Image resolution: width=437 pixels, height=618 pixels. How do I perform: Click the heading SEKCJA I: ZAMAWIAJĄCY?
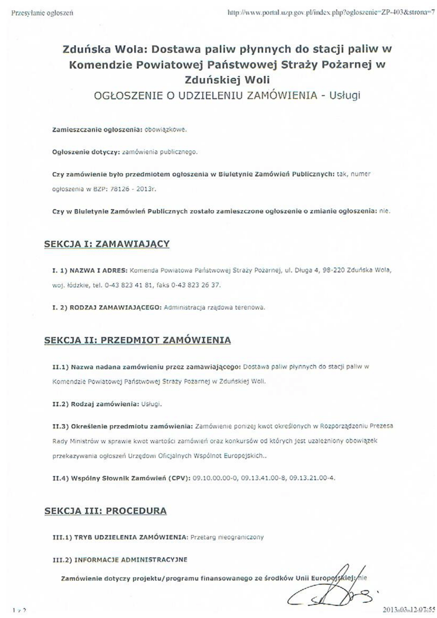click(107, 244)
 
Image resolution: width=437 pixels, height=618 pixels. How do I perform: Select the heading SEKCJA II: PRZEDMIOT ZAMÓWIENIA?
click(138, 340)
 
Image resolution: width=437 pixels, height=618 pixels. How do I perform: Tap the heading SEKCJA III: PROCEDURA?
click(106, 511)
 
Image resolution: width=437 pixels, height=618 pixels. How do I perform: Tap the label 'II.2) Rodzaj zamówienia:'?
click(95, 403)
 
